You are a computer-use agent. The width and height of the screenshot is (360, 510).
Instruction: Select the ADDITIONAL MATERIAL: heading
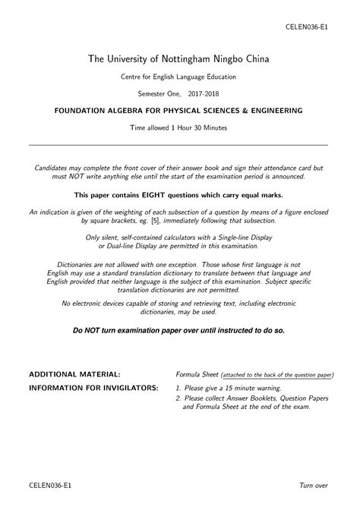(74, 375)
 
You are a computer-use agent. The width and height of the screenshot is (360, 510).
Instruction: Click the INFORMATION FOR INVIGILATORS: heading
(93, 388)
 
